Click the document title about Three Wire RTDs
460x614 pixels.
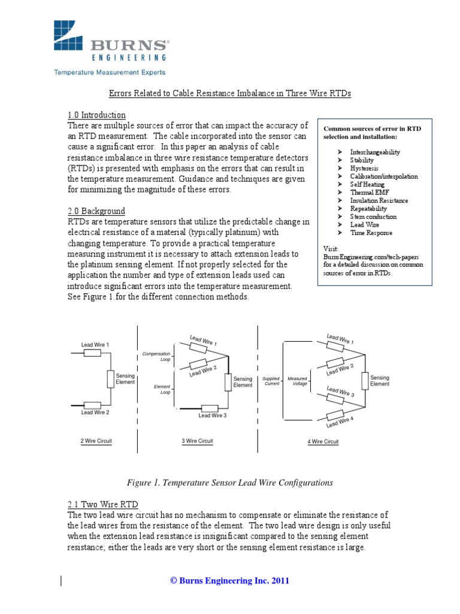[x=229, y=94]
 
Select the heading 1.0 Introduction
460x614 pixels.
[x=96, y=115]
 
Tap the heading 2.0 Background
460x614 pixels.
[x=96, y=211]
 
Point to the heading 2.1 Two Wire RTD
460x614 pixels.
[x=102, y=503]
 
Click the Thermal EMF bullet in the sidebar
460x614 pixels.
[x=370, y=192]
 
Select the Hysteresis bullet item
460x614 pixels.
[x=364, y=168]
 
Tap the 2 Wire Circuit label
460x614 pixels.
[x=96, y=441]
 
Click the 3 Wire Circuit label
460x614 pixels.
[x=197, y=441]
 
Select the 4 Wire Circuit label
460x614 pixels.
[x=323, y=442]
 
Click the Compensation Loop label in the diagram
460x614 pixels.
[x=156, y=357]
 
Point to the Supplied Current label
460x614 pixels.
[x=271, y=381]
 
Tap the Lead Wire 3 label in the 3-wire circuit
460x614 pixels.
[x=213, y=415]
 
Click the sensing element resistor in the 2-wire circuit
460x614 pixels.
[x=110, y=379]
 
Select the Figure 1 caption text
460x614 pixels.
[x=230, y=482]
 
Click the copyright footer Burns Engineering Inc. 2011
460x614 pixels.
[x=230, y=580]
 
